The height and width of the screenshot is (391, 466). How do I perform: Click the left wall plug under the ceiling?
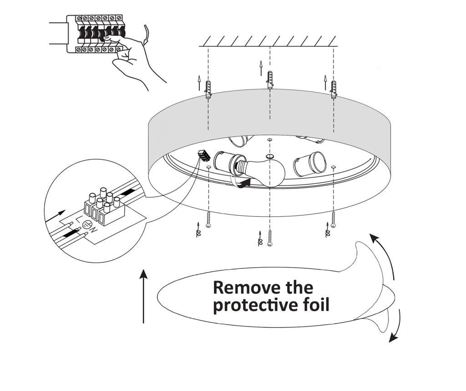(208, 89)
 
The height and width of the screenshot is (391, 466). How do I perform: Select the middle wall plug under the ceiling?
(270, 80)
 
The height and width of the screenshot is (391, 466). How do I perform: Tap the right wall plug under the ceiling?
(334, 89)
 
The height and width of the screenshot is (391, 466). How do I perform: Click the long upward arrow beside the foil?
(144, 296)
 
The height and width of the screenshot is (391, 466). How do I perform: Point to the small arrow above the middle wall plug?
(261, 68)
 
